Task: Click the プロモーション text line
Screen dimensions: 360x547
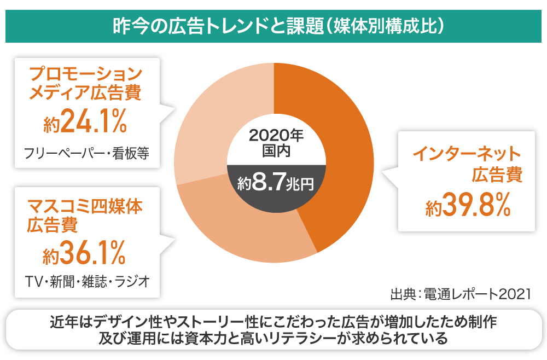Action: [85, 73]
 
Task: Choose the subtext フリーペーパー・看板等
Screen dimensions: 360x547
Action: [87, 153]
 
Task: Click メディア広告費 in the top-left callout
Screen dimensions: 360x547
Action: [85, 92]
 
